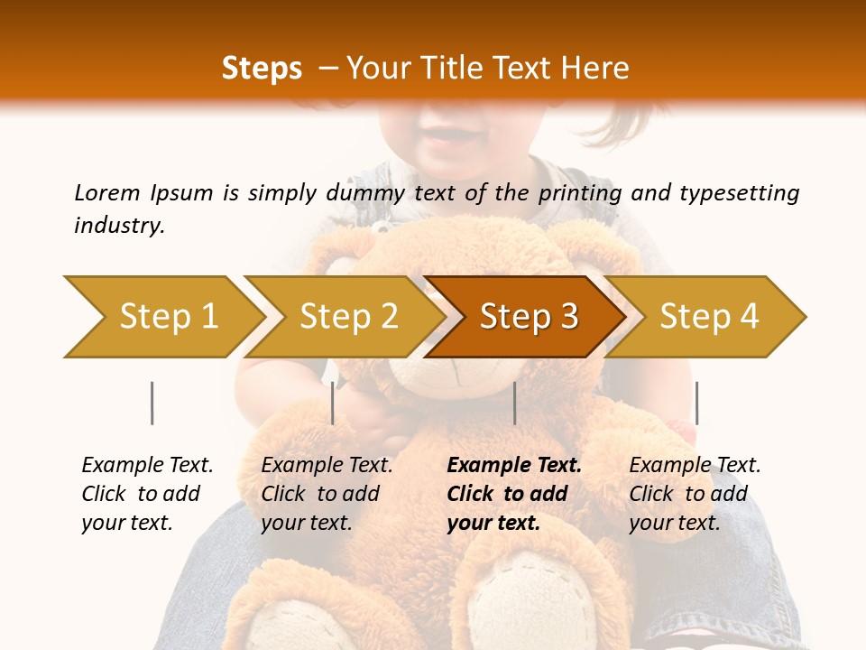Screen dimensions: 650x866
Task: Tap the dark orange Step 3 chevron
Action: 528,317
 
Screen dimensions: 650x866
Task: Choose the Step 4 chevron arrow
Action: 708,317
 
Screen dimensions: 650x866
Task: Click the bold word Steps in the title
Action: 262,69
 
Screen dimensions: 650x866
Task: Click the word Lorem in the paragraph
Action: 107,192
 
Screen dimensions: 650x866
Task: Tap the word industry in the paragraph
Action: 119,226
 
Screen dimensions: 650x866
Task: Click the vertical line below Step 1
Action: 152,403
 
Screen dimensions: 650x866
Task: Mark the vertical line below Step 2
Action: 333,403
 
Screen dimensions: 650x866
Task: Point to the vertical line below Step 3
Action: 514,403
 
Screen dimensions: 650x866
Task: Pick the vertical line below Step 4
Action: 696,403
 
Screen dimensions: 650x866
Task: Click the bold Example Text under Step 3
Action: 514,466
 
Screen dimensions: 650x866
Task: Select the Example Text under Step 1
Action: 147,466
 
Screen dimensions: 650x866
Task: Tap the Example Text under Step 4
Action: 695,466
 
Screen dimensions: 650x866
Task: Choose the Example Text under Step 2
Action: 327,466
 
